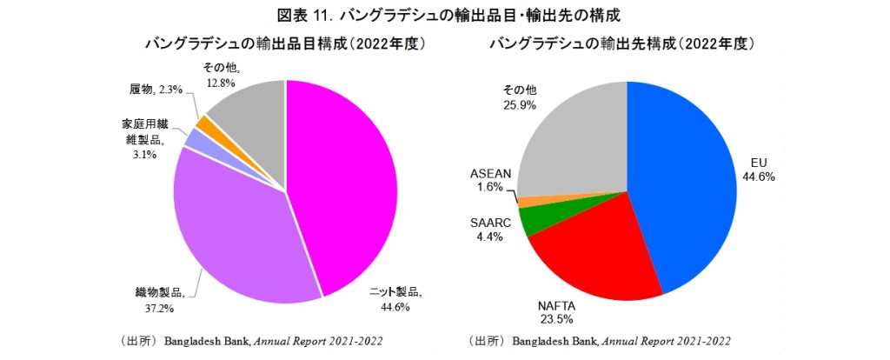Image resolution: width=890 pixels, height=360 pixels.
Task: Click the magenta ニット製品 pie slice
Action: click(348, 183)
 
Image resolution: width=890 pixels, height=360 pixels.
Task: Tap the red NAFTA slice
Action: click(600, 252)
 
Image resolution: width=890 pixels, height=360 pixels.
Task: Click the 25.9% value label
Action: click(521, 104)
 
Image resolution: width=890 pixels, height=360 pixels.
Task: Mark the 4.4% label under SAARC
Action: click(487, 237)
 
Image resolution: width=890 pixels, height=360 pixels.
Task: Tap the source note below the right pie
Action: click(599, 340)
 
